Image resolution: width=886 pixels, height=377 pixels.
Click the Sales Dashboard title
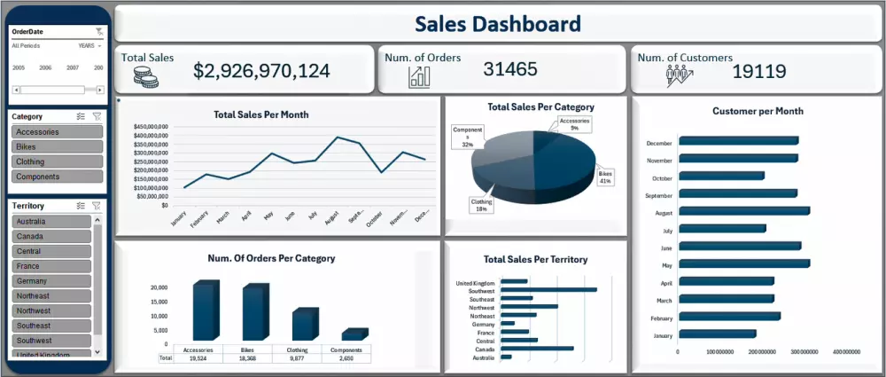[x=498, y=24]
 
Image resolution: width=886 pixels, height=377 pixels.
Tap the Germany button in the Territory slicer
[x=51, y=281]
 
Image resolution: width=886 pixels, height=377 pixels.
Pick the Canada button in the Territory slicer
[x=51, y=237]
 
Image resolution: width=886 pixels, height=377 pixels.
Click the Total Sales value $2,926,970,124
[x=261, y=72]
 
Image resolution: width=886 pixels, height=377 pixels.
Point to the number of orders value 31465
[x=510, y=69]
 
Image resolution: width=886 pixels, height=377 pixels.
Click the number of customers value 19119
[x=759, y=71]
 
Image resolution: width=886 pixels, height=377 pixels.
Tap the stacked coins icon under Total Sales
[x=145, y=78]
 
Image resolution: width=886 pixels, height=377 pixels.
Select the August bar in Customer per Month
[x=744, y=211]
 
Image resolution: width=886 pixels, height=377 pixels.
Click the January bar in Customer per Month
[x=718, y=334]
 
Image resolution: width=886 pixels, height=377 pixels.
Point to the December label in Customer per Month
[x=659, y=142]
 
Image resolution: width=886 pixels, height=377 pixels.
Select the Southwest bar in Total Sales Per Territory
[x=548, y=290]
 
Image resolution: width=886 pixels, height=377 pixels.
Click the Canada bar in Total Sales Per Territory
[x=537, y=349]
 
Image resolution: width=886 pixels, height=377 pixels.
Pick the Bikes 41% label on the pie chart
[x=605, y=177]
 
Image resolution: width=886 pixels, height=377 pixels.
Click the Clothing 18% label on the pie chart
[x=481, y=205]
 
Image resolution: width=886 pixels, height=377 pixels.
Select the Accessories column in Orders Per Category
[x=203, y=311]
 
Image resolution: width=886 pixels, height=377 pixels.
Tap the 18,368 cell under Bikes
[x=247, y=357]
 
